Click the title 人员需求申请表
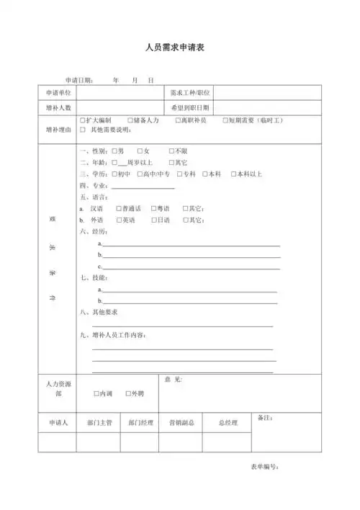(179, 48)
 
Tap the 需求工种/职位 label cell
(190, 94)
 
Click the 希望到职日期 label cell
(190, 107)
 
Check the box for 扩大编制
(84, 120)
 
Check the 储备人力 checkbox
(130, 120)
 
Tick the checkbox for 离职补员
(177, 120)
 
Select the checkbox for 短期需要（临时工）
(225, 120)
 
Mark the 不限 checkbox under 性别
(171, 151)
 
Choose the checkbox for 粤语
(153, 208)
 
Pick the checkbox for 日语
(153, 220)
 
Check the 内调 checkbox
(96, 394)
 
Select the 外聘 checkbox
(127, 394)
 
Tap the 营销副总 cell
(181, 423)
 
